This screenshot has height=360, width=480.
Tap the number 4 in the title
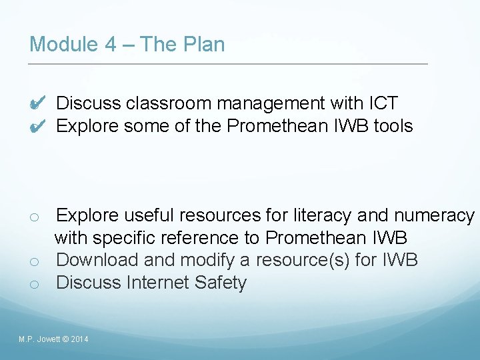point(111,45)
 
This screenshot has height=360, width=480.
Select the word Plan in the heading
point(204,45)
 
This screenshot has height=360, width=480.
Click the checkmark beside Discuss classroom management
point(37,103)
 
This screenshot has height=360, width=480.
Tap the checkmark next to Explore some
point(37,126)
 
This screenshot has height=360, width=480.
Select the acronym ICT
point(383,103)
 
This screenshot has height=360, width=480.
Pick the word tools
point(393,126)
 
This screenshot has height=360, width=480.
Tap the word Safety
point(221,283)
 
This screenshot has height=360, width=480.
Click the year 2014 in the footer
point(79,340)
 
